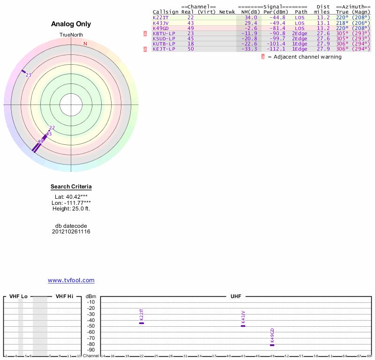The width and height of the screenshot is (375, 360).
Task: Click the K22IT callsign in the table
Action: pos(160,17)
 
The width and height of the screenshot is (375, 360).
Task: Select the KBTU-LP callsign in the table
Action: pos(164,33)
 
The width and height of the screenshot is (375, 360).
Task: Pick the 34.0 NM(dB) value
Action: pos(251,17)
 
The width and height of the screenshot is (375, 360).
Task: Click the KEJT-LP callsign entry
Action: pos(164,49)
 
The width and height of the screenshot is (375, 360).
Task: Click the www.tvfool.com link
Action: pos(71,280)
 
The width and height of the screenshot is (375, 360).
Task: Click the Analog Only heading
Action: pos(71,24)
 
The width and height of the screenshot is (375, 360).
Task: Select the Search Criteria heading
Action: pos(71,187)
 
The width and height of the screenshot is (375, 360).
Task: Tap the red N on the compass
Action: pos(85,44)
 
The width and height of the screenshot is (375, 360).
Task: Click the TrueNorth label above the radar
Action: pos(71,35)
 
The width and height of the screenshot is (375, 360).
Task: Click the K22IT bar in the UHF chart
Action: pos(142,323)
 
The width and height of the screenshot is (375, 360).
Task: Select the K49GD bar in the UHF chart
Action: pos(272,345)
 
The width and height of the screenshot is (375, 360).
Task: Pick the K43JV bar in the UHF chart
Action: pos(243,326)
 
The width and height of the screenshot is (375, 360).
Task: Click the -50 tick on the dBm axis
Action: pos(91,326)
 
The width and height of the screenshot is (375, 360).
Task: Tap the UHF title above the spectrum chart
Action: pos(236,296)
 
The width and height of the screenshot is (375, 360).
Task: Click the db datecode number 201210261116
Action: pos(71,232)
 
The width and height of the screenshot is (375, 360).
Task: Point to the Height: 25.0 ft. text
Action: pos(71,209)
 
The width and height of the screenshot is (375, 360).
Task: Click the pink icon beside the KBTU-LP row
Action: pos(145,33)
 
